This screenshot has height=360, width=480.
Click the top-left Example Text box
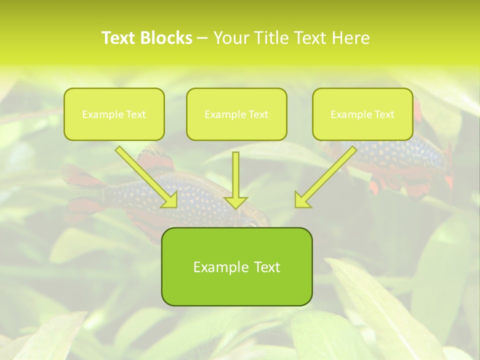click(x=114, y=114)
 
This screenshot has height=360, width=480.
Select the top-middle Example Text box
click(x=236, y=114)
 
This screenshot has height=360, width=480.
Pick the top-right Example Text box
click(x=362, y=114)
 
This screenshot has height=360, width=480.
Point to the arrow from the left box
click(x=145, y=175)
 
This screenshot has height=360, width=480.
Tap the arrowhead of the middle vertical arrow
click(x=235, y=202)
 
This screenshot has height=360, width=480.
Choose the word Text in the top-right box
click(x=383, y=114)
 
